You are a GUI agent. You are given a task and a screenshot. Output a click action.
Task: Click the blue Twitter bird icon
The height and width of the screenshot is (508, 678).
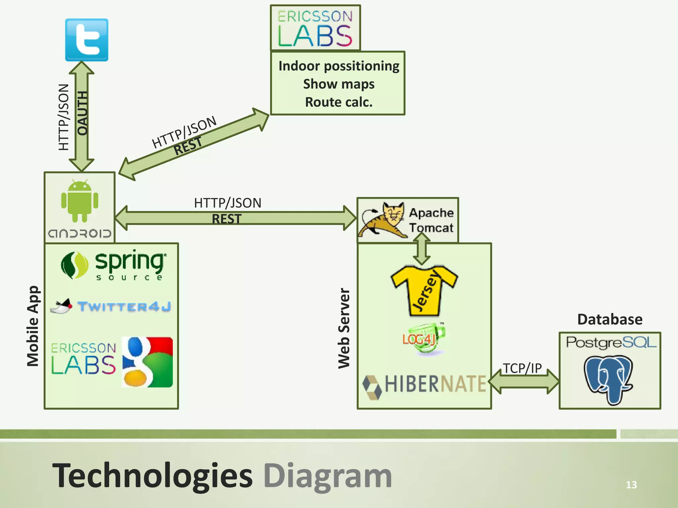87,40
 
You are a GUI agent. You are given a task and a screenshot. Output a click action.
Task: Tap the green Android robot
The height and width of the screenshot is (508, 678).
80,201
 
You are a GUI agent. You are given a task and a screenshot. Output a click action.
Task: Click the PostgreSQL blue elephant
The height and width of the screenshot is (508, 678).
608,379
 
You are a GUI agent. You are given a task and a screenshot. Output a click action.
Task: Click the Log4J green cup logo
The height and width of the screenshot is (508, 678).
424,339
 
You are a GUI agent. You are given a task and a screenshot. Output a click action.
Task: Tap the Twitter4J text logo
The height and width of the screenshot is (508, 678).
124,307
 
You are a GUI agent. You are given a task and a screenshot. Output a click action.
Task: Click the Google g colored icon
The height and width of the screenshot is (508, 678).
147,362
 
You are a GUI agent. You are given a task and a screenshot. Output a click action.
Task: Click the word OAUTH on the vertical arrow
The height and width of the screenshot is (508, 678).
82,113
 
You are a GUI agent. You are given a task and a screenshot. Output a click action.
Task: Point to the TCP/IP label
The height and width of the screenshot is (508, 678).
522,368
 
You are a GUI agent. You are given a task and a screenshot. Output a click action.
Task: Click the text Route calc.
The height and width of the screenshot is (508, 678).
339,102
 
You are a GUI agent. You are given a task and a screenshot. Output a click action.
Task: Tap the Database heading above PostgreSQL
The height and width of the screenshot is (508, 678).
610,319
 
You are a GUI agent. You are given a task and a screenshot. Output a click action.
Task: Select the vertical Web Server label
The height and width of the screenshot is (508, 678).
344,328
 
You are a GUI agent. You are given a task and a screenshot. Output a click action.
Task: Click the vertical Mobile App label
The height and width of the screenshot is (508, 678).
33,326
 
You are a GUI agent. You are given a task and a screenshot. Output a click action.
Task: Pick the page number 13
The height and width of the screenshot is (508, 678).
631,485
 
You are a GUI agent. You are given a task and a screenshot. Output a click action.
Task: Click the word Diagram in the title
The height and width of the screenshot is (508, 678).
328,476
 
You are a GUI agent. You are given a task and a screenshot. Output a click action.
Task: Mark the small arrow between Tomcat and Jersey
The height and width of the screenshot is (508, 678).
421,249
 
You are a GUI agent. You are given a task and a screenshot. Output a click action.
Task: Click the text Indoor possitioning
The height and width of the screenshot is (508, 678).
339,66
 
